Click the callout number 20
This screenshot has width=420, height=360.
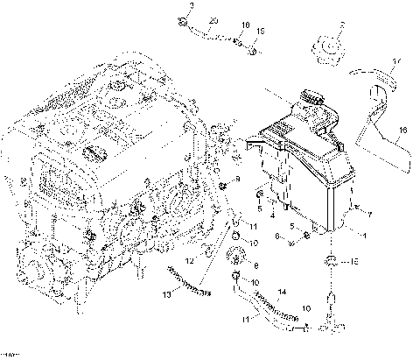[214, 19]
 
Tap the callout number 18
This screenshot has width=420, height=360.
[244, 25]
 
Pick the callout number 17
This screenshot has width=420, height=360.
[395, 60]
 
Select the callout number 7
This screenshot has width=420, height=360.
[369, 213]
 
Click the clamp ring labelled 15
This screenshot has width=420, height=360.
[333, 260]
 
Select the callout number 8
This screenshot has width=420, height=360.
[256, 265]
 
